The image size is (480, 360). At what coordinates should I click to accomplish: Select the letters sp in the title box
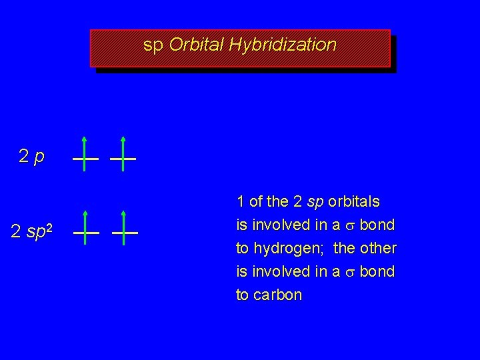pyautogui.click(x=153, y=46)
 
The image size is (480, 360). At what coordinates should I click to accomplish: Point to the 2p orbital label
pyautogui.click(x=31, y=157)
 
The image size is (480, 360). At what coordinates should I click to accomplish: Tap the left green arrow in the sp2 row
pyautogui.click(x=85, y=227)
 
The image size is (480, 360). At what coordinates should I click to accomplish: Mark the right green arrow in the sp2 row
pyautogui.click(x=125, y=227)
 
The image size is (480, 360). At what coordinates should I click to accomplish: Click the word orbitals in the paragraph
pyautogui.click(x=355, y=201)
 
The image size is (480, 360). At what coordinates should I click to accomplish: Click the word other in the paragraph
pyautogui.click(x=379, y=248)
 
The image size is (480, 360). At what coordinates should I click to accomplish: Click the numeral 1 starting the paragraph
pyautogui.click(x=240, y=201)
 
